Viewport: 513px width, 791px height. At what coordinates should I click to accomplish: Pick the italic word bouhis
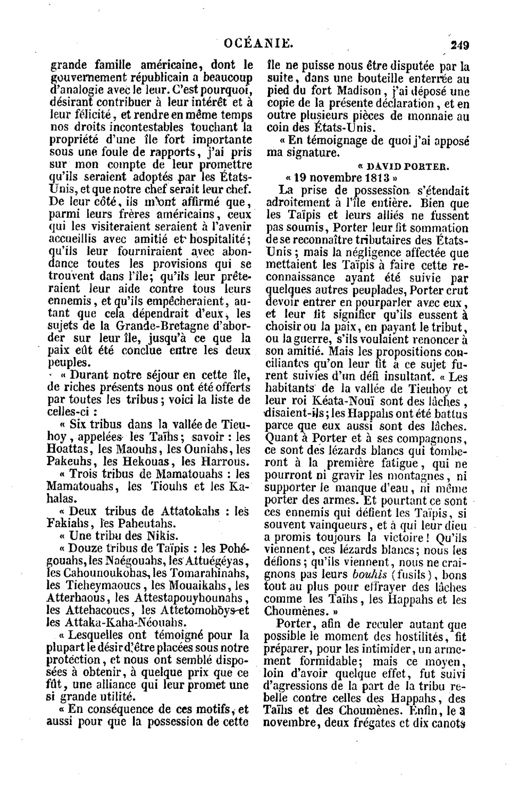point(368,574)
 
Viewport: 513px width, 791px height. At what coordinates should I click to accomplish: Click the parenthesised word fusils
point(411,574)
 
